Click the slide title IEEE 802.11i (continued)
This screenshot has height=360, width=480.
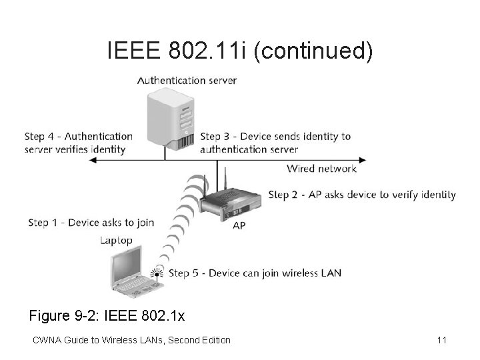(x=240, y=51)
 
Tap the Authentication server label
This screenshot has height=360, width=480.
(x=187, y=81)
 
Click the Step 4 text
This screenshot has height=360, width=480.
(x=79, y=143)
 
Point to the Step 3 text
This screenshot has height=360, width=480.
(x=275, y=143)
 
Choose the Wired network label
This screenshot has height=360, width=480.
(x=321, y=169)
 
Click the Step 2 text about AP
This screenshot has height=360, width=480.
(x=362, y=195)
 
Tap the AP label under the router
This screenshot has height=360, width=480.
(x=239, y=226)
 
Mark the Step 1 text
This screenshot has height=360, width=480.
(x=91, y=223)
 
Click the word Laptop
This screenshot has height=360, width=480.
(x=116, y=240)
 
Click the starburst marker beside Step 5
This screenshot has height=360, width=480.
(x=157, y=273)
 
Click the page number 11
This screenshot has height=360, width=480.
(x=441, y=340)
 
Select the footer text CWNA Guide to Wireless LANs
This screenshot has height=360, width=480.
(x=131, y=340)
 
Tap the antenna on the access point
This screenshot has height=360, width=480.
(x=225, y=179)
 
